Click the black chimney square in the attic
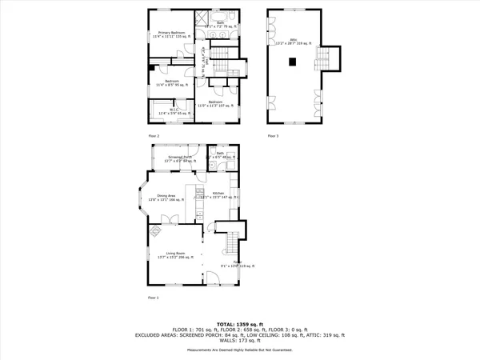tap(293, 61)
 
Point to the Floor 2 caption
tap(153, 136)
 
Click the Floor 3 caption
tap(274, 136)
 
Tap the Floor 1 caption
tap(153, 297)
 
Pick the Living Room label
tap(170, 255)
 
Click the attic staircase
tap(324, 58)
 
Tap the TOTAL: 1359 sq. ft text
tap(240, 323)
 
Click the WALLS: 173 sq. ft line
tap(240, 340)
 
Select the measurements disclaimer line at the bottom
tap(240, 350)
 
